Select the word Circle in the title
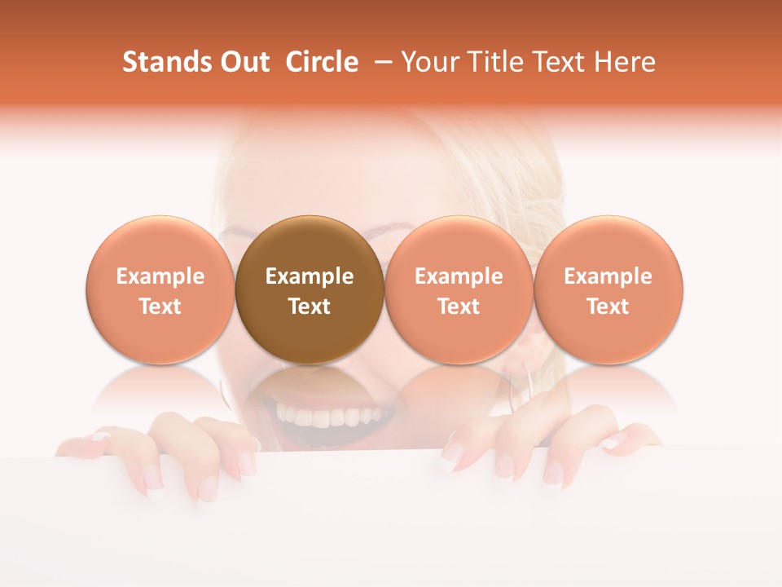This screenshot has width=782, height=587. pos(322,62)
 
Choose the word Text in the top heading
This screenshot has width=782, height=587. pos(555,62)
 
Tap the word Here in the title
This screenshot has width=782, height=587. pos(623,62)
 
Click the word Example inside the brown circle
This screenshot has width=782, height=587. pos(310,276)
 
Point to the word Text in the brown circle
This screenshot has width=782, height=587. pos(310,307)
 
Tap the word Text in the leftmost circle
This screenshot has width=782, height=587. pos(160,307)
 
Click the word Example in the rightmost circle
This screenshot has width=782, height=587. pos(608,276)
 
